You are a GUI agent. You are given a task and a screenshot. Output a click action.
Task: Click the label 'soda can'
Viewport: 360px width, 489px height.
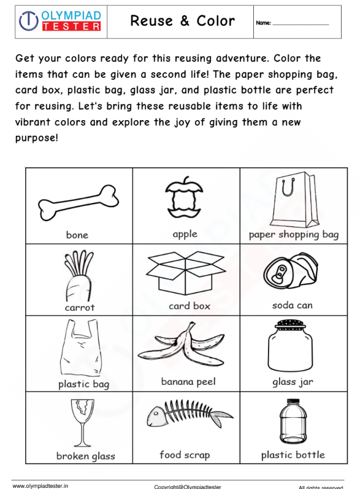293,305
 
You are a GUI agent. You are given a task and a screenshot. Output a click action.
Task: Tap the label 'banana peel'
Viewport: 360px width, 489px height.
188,382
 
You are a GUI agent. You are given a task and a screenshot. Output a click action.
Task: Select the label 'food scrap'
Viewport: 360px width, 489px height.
185,455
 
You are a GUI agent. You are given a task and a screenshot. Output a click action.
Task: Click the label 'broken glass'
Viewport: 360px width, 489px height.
85,456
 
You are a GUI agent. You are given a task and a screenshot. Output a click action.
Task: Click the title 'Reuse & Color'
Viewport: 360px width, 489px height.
183,21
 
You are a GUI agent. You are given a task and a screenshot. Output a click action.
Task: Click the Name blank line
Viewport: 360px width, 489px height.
301,24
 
